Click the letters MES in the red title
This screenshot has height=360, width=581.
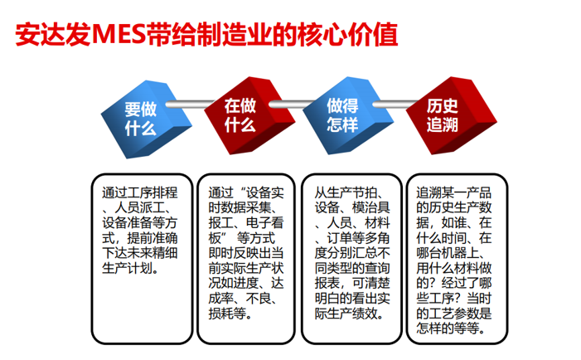click(118, 35)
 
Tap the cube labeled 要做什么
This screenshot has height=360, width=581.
click(147, 119)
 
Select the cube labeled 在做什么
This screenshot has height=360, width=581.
click(249, 115)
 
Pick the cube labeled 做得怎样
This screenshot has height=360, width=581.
click(348, 115)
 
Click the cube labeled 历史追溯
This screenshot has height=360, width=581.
click(451, 115)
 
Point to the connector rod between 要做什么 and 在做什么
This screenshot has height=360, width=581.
click(189, 105)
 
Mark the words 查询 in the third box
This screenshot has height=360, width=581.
click(377, 268)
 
